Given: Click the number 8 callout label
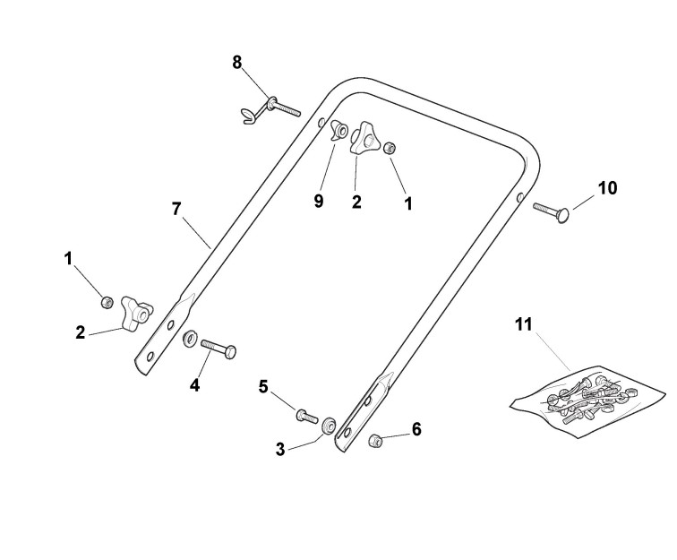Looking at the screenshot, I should tap(237, 62).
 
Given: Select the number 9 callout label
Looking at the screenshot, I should tap(319, 201).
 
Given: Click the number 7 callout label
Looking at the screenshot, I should tap(177, 208).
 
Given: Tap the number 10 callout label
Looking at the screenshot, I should tap(608, 188).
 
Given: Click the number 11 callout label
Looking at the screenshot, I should tap(523, 324).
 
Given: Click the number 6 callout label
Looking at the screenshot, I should tap(416, 429).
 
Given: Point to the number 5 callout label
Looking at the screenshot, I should tap(263, 386).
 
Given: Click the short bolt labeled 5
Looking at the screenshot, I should tap(305, 415).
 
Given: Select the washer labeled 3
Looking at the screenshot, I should tap(329, 424).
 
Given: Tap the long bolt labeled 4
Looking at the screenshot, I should tap(218, 347).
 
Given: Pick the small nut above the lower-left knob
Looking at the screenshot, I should tap(107, 301).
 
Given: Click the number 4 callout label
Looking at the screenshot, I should tap(194, 386).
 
